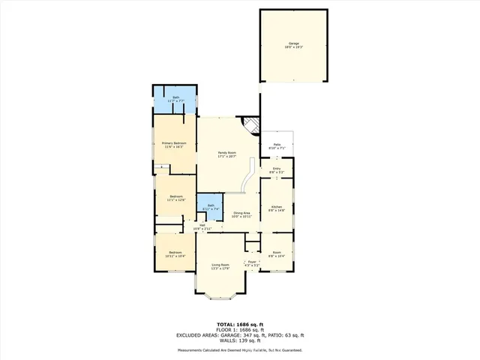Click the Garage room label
pos(293,45)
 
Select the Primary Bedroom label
pos(174,145)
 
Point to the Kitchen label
pos(276,208)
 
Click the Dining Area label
pos(241,214)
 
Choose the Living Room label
pos(220,266)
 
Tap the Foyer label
pos(252,263)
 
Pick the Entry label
pos(277,170)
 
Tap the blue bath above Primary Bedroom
pos(176,99)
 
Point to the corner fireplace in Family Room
pos(252,124)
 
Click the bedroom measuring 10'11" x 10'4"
pos(175,255)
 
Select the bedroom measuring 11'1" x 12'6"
pos(175,198)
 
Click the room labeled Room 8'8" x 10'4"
pos(277,254)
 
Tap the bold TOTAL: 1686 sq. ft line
pos(240,325)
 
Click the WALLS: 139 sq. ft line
pos(240,341)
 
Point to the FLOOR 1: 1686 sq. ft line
pos(240,330)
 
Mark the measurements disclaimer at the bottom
pos(240,350)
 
